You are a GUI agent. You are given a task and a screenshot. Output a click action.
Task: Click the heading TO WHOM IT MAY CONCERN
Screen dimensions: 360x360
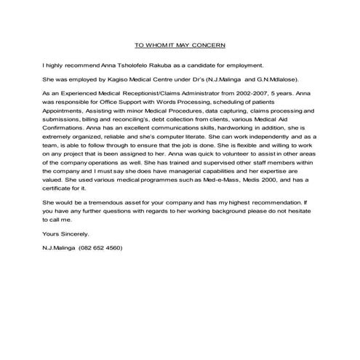180,44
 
